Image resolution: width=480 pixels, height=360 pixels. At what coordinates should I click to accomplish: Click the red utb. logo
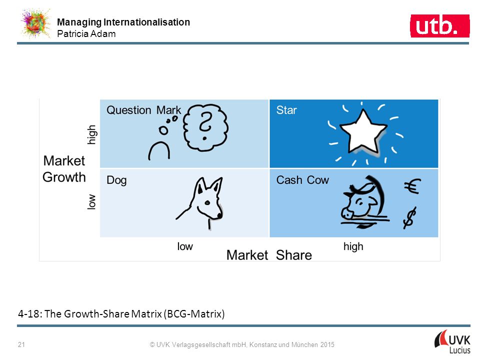[439, 26]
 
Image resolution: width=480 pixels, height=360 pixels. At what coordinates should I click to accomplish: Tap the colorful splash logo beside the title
[35, 23]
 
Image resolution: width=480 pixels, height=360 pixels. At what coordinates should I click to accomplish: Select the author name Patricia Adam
[86, 33]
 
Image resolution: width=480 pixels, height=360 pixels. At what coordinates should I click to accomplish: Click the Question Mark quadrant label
[143, 110]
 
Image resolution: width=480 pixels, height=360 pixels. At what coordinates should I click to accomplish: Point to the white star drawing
[363, 132]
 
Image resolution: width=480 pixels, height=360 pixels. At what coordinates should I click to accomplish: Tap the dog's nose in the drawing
[219, 215]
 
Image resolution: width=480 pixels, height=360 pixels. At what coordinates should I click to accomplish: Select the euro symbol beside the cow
[412, 186]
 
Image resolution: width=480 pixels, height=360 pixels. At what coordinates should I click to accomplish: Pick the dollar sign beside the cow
[409, 218]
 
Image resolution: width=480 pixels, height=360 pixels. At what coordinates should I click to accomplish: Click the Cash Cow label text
[302, 180]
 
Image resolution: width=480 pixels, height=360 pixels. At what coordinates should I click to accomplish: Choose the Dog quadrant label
[116, 180]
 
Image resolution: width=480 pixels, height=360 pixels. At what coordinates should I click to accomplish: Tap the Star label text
[286, 110]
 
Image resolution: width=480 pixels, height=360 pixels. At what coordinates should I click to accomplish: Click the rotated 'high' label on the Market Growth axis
[91, 134]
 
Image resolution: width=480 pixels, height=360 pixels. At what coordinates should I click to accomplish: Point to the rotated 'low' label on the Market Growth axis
[91, 201]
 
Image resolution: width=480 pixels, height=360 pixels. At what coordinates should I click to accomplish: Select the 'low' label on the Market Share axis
[185, 246]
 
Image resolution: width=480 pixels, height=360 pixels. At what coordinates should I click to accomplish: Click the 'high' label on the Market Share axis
[353, 246]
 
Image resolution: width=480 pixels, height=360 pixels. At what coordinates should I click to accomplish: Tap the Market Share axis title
[269, 255]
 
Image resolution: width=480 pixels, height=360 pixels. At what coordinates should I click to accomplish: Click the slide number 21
[21, 344]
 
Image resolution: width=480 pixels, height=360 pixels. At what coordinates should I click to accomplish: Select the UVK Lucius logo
[452, 341]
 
